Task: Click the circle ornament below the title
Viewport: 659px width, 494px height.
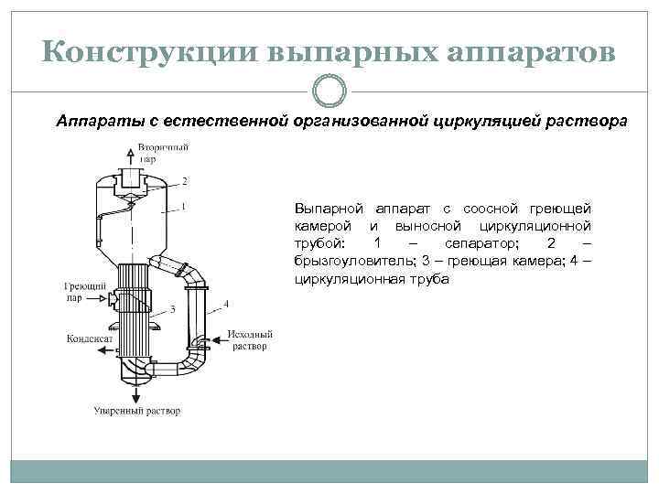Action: (329, 91)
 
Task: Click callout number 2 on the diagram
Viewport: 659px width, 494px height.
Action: (185, 180)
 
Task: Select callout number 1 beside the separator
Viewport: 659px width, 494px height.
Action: (185, 207)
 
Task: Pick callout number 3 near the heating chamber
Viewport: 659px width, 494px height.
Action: (171, 309)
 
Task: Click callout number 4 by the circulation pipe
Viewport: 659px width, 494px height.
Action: (227, 303)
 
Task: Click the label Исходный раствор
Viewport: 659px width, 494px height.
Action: (249, 340)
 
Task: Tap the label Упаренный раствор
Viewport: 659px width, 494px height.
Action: (137, 411)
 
